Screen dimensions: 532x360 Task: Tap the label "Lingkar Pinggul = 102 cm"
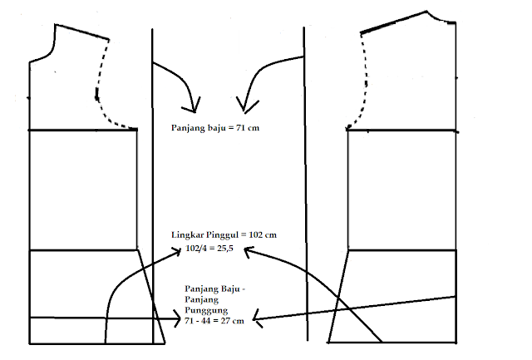223,234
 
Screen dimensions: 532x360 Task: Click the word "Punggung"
205,310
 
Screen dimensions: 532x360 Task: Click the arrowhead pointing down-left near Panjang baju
244,105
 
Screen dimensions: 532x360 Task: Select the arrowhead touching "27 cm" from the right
256,319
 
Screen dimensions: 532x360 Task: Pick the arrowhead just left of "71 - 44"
178,317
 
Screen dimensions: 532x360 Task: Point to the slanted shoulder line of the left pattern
83,32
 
